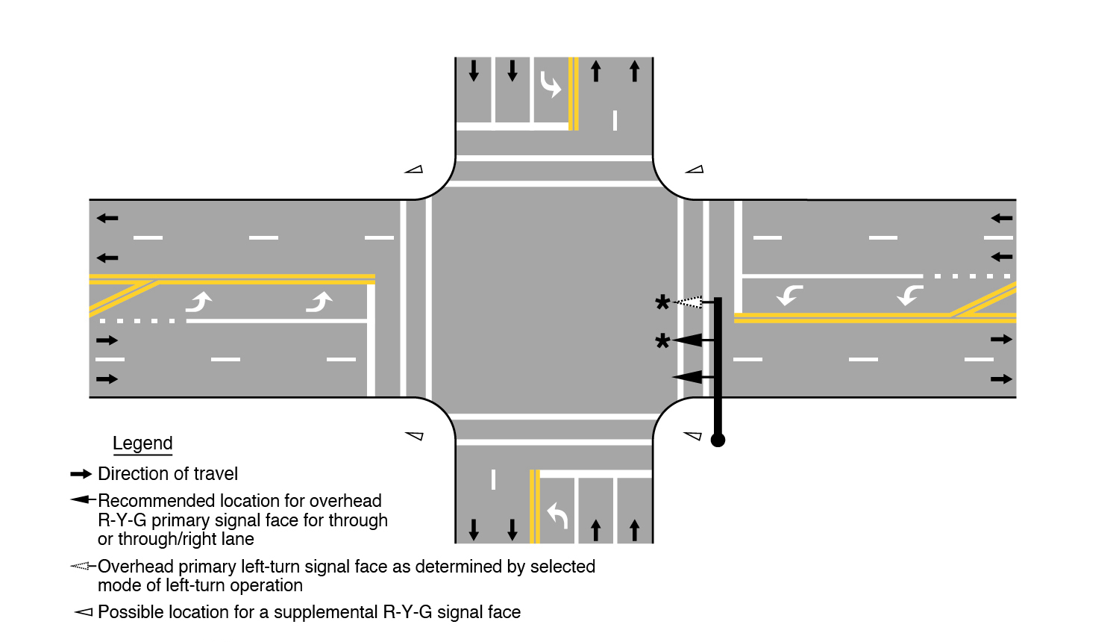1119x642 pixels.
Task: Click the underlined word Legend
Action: point(142,443)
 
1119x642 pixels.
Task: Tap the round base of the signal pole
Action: point(718,440)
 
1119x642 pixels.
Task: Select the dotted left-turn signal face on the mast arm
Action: point(689,302)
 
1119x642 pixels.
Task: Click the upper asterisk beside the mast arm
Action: point(662,302)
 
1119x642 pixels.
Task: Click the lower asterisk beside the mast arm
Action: point(662,341)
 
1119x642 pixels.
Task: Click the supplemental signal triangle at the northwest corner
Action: point(414,169)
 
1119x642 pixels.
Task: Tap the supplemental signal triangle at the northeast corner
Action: point(695,169)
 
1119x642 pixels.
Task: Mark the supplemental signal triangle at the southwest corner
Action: point(414,436)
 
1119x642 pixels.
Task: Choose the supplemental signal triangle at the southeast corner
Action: point(694,436)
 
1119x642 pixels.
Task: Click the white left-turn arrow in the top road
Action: point(550,84)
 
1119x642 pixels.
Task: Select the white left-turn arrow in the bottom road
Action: point(557,515)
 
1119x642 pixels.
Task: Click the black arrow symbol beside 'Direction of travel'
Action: point(81,474)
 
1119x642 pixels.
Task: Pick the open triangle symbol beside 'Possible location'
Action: point(83,613)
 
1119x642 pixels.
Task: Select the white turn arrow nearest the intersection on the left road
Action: point(319,302)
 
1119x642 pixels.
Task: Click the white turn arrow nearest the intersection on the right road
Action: point(789,296)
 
